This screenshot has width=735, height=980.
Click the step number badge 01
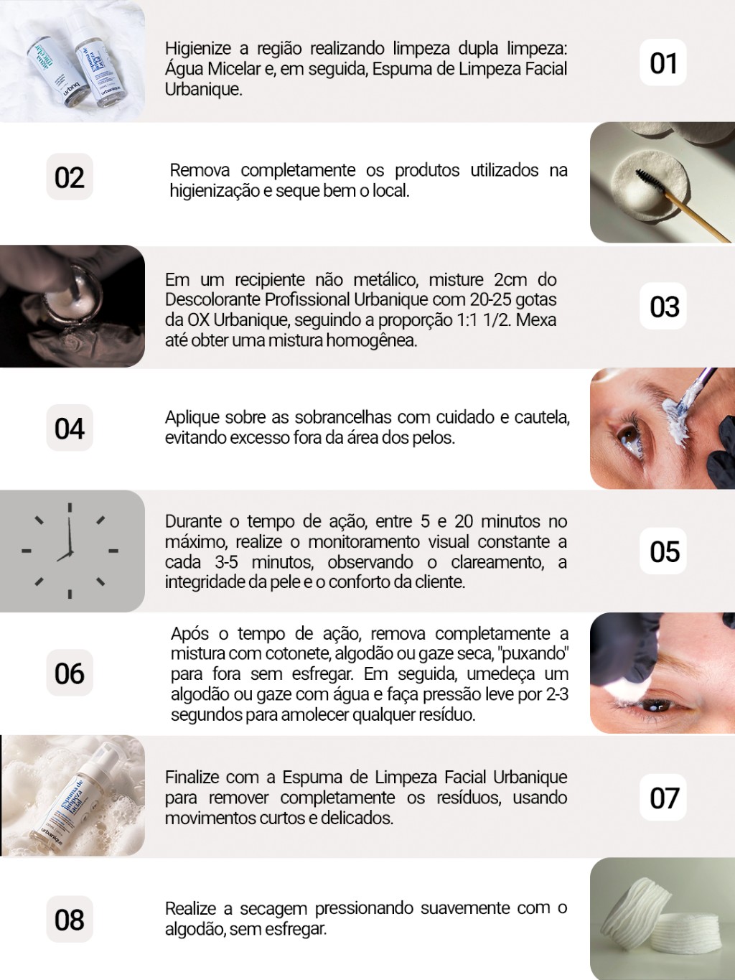coord(663,62)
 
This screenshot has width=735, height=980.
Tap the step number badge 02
coord(70,177)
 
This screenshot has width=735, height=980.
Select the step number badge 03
coord(663,307)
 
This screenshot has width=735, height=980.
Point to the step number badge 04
coord(70,428)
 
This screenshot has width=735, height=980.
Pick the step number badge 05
coord(663,551)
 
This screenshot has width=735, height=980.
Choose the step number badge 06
coord(70,673)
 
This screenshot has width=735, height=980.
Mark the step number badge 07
coord(663,797)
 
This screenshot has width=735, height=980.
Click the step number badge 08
coord(70,920)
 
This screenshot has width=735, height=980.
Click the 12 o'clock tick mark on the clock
coord(70,508)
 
